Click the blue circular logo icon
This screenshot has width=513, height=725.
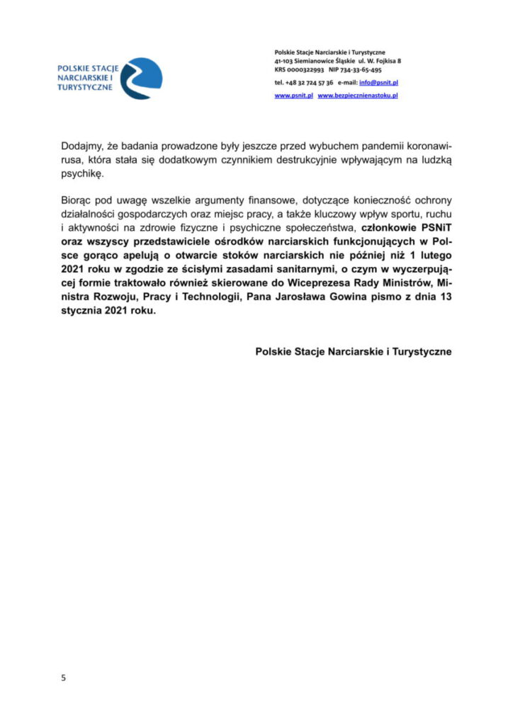(x=141, y=79)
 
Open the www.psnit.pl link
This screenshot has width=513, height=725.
(x=293, y=95)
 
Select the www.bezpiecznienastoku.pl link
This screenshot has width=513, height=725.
(x=358, y=95)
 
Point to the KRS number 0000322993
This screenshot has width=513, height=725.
(x=308, y=70)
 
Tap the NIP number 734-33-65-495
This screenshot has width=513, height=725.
(x=363, y=70)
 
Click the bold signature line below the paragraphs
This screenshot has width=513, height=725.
(x=353, y=351)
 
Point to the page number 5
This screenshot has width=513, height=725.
(x=63, y=678)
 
